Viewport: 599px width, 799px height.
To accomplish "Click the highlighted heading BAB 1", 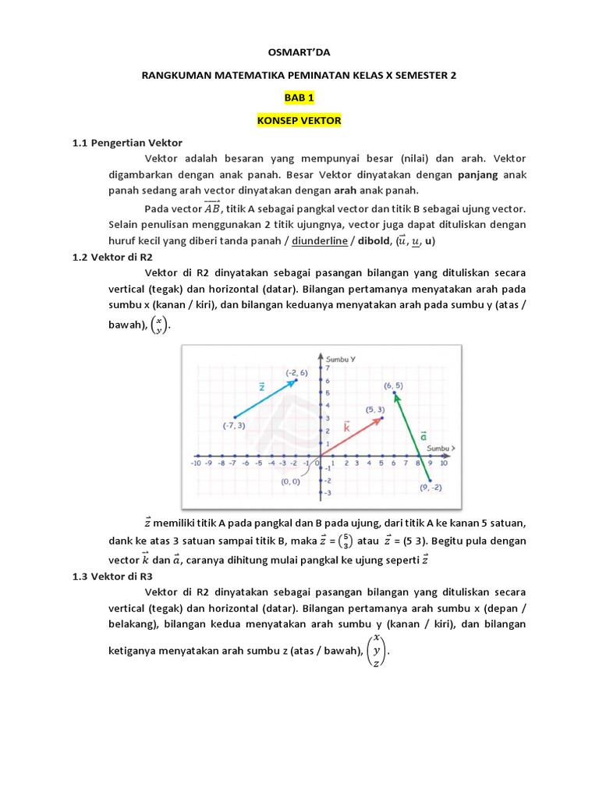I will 299,98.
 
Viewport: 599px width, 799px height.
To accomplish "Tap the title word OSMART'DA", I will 299,53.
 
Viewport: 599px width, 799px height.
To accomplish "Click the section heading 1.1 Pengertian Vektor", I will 127,143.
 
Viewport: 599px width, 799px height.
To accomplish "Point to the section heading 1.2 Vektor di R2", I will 115,257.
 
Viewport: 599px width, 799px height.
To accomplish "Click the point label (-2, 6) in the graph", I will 296,372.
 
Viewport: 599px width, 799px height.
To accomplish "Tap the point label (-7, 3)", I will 234,425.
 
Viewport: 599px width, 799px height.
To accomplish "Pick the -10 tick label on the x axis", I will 197,463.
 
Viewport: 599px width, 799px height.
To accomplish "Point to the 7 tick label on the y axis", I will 328,368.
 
